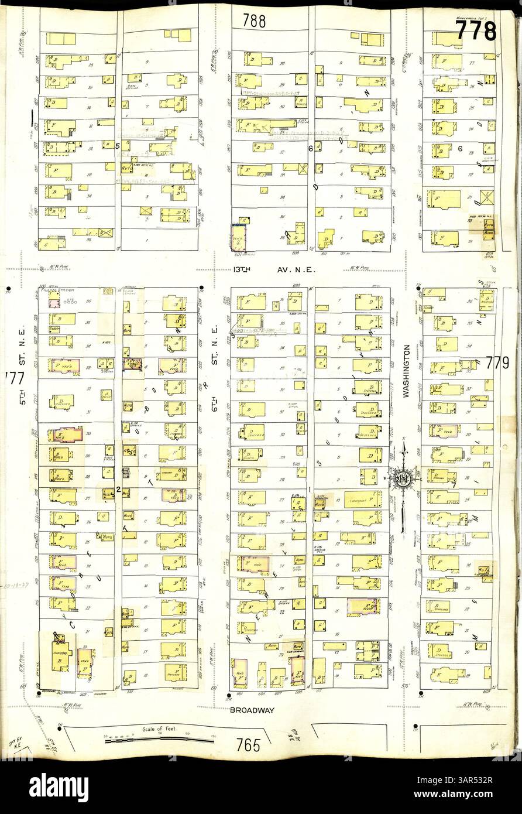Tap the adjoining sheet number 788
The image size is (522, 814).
point(255,21)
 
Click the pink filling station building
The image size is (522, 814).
point(54,303)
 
